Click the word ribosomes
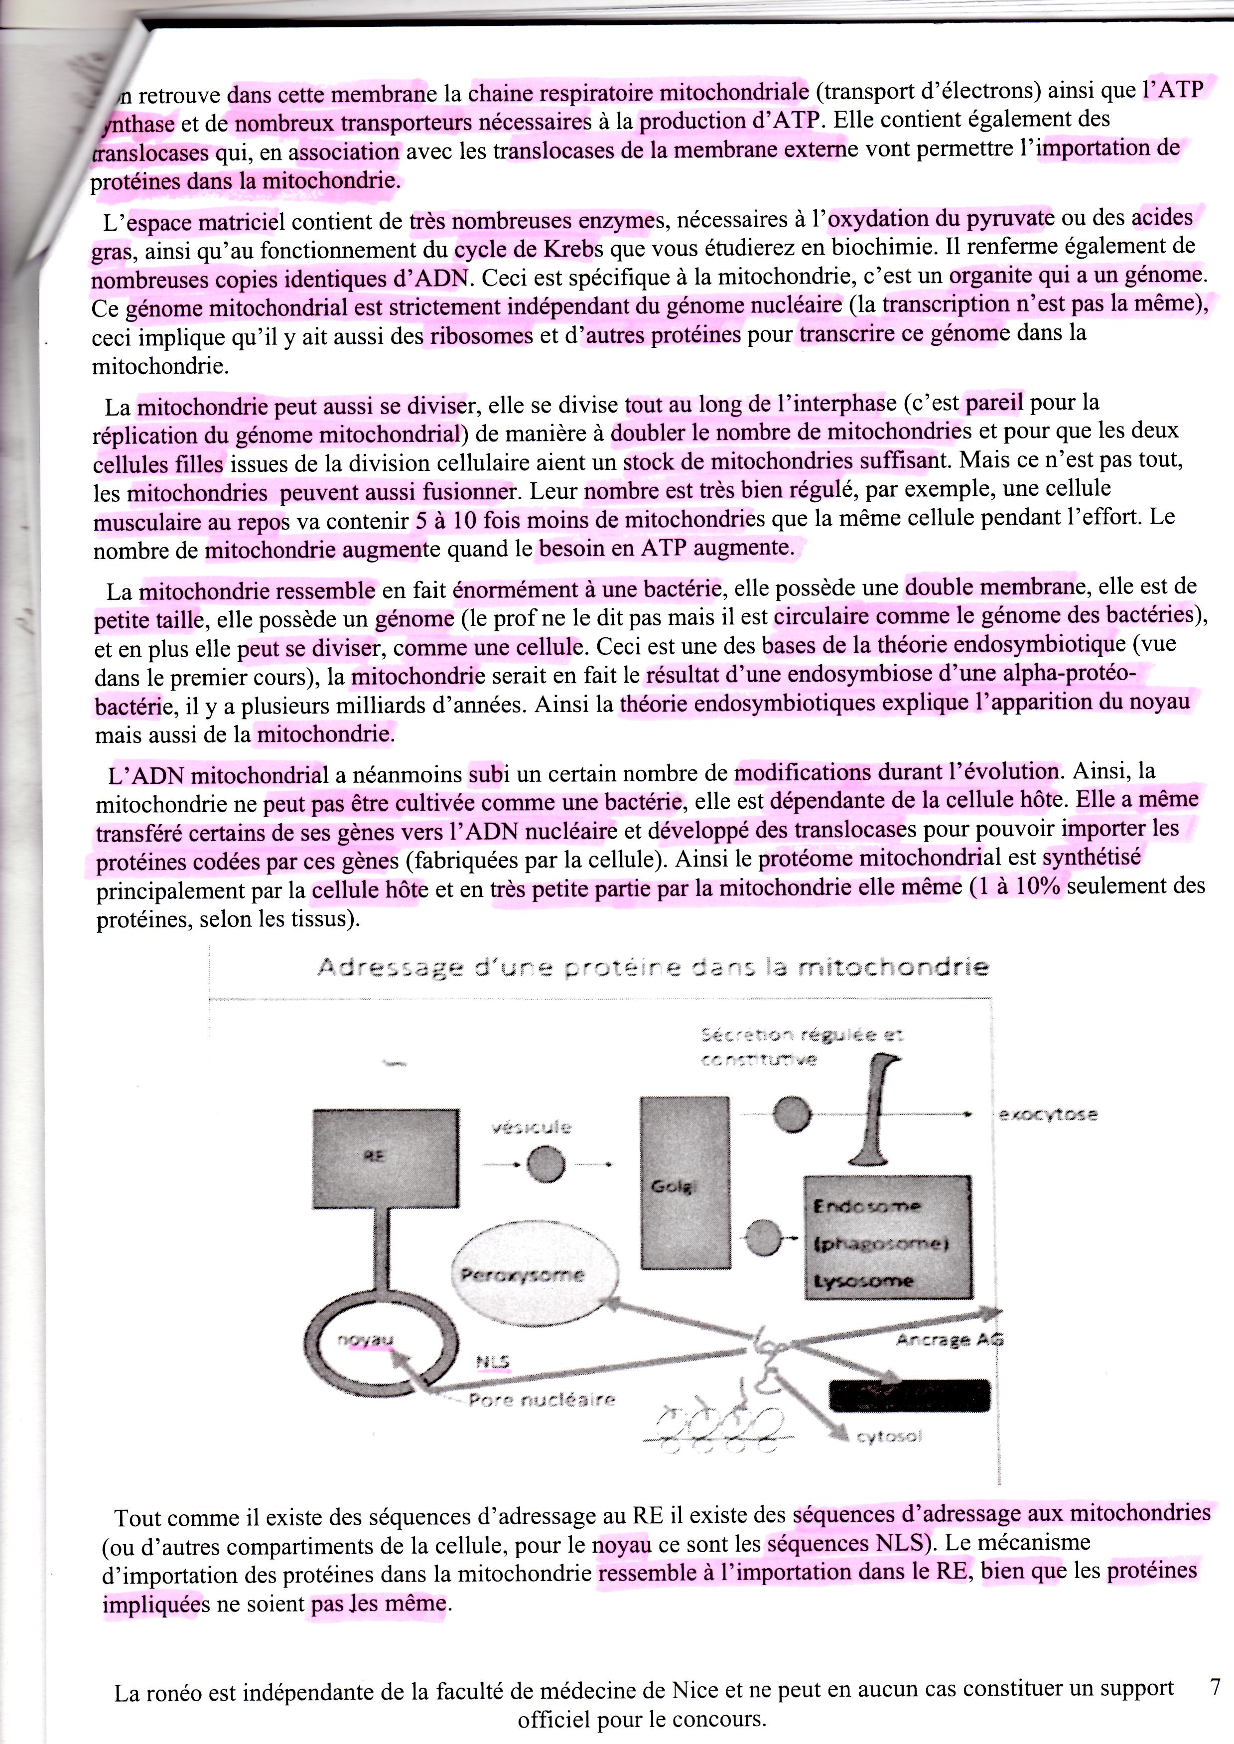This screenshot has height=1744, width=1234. (x=482, y=336)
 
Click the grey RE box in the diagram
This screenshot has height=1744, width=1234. (x=386, y=1158)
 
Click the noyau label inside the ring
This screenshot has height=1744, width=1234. (x=365, y=1340)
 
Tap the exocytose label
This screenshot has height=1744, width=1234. (x=1047, y=1115)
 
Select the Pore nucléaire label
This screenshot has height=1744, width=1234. (x=541, y=1399)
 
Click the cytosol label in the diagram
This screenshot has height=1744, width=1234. (x=888, y=1436)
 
